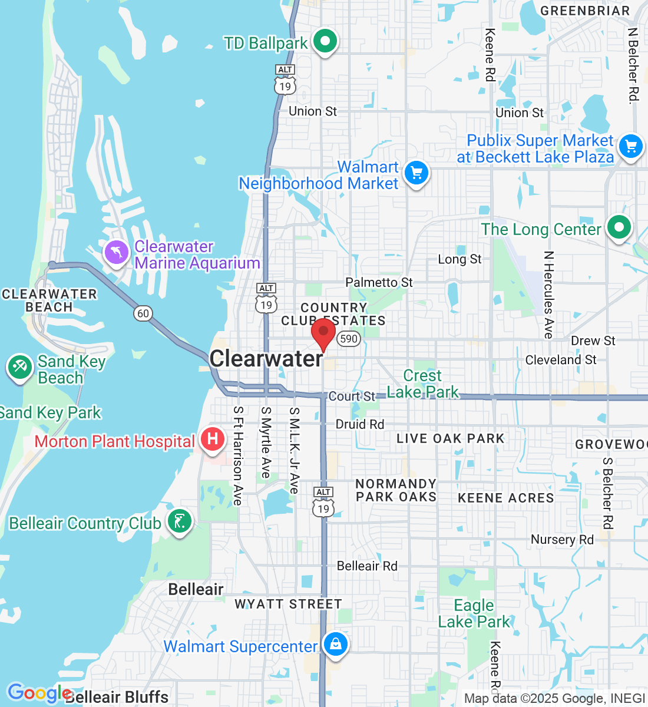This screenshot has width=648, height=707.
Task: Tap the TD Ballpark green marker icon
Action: [325, 42]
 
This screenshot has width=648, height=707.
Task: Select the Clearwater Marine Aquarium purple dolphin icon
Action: [117, 253]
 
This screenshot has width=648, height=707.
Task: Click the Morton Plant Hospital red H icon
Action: [213, 440]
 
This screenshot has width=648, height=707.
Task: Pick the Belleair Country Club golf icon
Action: [180, 521]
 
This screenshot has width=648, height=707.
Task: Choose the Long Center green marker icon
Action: [619, 227]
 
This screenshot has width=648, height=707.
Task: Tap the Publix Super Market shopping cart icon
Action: [631, 146]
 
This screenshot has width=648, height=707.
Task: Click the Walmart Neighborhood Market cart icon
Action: [416, 173]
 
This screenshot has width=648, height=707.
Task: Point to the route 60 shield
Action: [143, 313]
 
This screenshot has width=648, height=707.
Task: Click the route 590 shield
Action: [349, 338]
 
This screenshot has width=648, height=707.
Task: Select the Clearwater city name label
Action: [266, 358]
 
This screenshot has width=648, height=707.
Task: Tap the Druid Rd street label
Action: [359, 424]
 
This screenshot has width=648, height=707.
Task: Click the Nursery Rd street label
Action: [562, 540]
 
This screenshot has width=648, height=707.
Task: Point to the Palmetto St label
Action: [379, 283]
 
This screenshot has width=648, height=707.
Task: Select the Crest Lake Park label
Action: [422, 384]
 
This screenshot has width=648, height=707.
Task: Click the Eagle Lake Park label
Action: [474, 613]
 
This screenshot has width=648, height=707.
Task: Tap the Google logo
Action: [38, 693]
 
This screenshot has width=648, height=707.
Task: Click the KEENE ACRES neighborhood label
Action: [505, 498]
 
